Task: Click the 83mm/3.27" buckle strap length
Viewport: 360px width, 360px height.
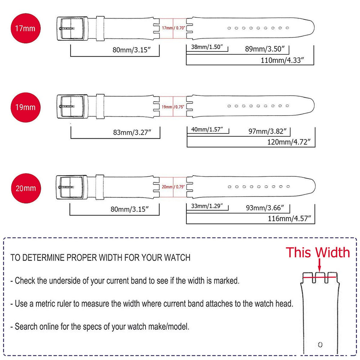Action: click(x=131, y=132)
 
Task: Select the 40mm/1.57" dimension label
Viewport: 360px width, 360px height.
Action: click(x=208, y=129)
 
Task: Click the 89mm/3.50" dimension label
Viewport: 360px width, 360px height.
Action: click(x=265, y=49)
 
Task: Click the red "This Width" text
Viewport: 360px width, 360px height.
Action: click(x=318, y=252)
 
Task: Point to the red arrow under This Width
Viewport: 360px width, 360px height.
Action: click(x=319, y=266)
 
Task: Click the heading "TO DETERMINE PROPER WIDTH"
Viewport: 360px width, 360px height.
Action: click(x=100, y=258)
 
